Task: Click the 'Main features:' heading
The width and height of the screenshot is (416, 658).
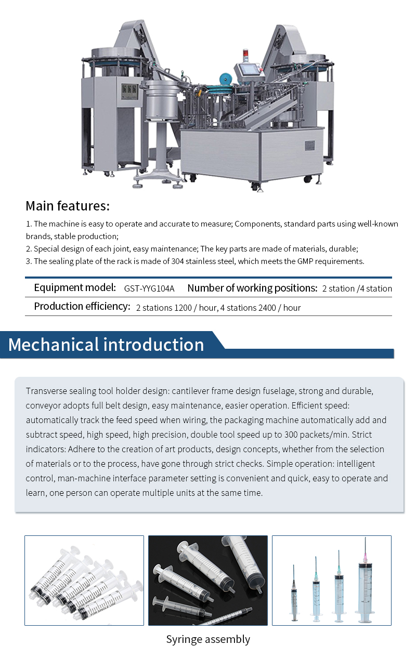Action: (x=68, y=206)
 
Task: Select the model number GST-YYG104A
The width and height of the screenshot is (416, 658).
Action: (x=149, y=288)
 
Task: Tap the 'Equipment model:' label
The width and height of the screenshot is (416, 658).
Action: (x=75, y=288)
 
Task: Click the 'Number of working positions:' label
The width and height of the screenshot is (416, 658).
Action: (x=252, y=288)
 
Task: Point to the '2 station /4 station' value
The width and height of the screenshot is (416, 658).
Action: (x=357, y=288)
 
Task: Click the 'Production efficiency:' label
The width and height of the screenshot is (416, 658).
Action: (x=82, y=307)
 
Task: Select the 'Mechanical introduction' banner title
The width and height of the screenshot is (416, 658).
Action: (x=106, y=345)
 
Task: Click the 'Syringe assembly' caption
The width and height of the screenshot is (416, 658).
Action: (x=208, y=639)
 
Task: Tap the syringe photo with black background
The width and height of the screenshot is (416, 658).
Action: (x=208, y=580)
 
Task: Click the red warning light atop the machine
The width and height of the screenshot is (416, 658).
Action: (x=246, y=54)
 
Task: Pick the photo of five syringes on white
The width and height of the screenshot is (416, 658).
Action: (x=84, y=580)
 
